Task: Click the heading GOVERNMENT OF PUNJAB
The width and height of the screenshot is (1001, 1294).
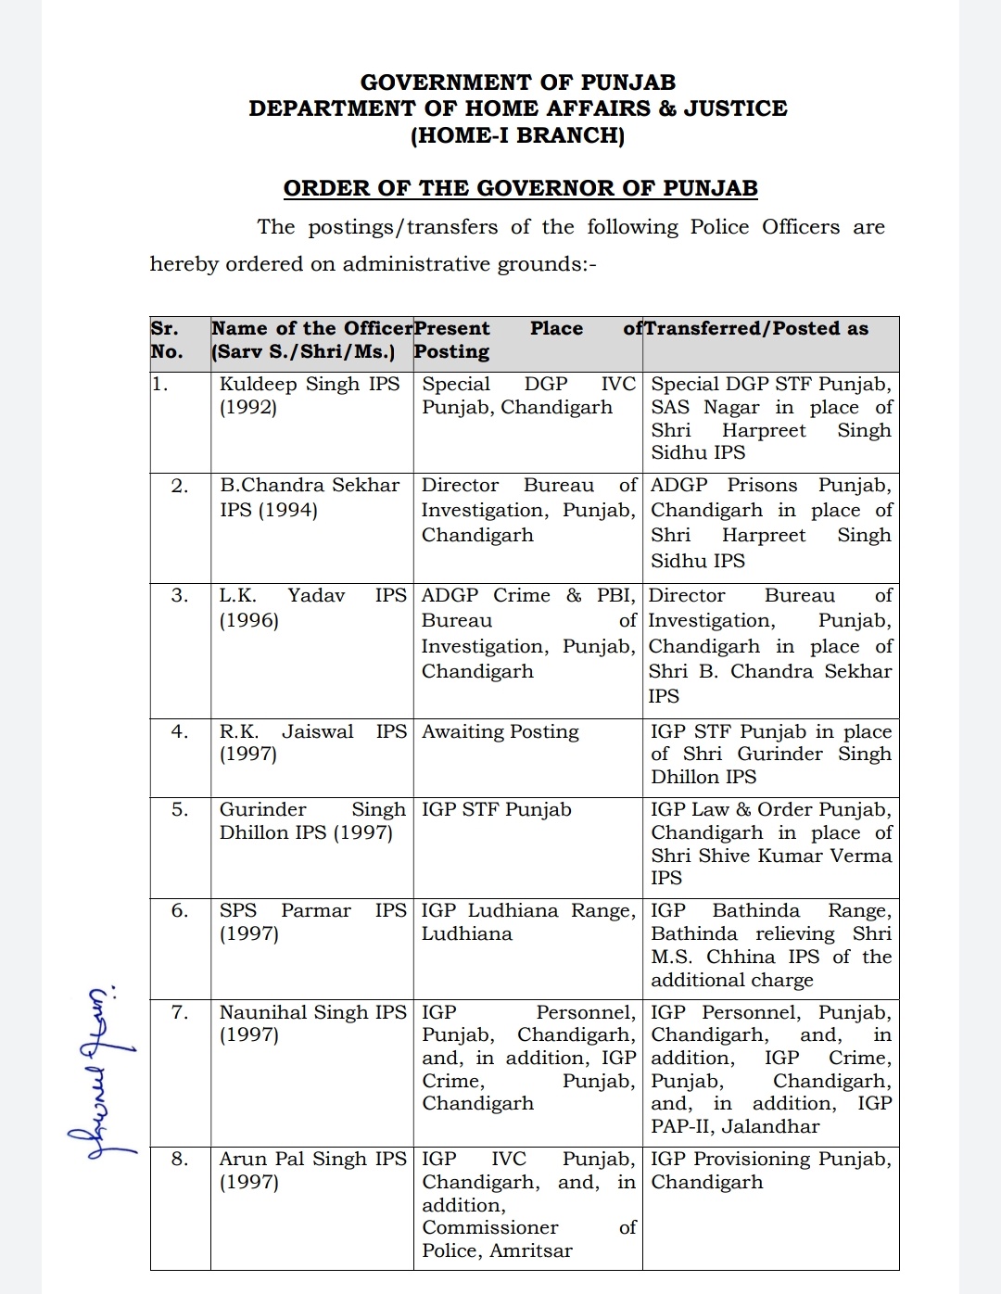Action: coord(517,82)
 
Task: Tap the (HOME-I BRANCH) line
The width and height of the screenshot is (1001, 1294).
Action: coord(517,135)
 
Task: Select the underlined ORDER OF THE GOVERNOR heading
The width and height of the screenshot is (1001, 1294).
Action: coord(520,188)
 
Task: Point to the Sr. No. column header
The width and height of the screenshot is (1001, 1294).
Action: coord(167,340)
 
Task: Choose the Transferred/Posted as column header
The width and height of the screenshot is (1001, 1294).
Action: coord(756,328)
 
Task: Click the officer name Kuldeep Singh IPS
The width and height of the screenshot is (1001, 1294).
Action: coord(310,385)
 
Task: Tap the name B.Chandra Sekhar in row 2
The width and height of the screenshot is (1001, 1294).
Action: coord(310,486)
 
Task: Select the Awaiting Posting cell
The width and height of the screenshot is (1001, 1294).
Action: coord(500,732)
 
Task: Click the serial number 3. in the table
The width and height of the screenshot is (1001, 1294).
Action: coord(180,596)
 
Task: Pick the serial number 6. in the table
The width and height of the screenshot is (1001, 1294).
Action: coord(180,911)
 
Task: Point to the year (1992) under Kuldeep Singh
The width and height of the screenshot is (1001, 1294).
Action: coord(248,408)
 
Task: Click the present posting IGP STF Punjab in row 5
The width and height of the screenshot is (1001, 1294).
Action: coord(497,810)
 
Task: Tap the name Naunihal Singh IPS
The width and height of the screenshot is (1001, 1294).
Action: coord(312,1013)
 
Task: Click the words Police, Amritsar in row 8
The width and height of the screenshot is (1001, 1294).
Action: coord(498,1251)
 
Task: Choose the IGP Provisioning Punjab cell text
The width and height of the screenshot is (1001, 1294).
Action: coord(770,1160)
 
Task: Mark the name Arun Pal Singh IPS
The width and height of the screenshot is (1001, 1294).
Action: coord(312,1160)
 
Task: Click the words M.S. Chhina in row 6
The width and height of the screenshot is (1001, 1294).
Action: coord(716,958)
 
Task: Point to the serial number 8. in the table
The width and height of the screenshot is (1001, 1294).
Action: coord(180,1160)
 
